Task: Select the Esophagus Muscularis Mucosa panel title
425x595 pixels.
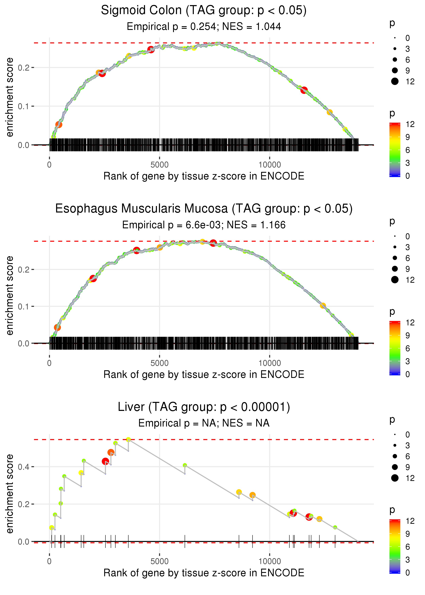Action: (204, 209)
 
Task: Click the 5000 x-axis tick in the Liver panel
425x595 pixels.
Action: (159, 562)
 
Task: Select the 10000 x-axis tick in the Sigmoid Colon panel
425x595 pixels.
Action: (270, 165)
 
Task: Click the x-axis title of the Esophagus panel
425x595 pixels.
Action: (204, 375)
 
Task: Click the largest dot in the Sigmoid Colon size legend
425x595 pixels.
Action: (395, 81)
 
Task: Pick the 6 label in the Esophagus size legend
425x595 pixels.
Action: (407, 258)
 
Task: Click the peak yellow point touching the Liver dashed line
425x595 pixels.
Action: (128, 440)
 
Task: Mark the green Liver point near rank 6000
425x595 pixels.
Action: (185, 465)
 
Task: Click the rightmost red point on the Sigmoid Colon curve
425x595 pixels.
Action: (304, 90)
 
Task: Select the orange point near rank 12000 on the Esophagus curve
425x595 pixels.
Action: (323, 306)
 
